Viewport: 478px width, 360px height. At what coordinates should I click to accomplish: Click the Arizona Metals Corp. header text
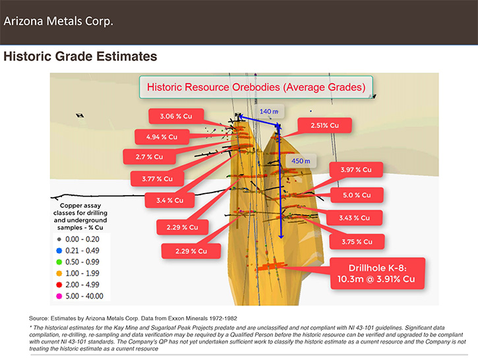(x=58, y=21)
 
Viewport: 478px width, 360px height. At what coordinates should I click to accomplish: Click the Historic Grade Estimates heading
(x=80, y=57)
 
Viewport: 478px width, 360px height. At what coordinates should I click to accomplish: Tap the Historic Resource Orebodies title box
(x=256, y=87)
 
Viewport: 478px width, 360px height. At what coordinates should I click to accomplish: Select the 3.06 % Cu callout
(x=176, y=116)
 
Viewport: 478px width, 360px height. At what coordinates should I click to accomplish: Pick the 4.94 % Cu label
(x=162, y=137)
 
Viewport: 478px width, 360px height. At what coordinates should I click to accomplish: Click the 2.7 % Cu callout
(x=150, y=157)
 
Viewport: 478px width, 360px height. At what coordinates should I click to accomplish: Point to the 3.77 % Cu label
(x=158, y=179)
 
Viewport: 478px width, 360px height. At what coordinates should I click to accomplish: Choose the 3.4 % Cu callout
(x=170, y=200)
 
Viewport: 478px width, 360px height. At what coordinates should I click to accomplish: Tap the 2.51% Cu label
(x=324, y=125)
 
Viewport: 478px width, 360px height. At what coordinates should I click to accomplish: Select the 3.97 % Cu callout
(x=356, y=169)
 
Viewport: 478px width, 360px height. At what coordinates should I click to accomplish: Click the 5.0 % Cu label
(x=357, y=195)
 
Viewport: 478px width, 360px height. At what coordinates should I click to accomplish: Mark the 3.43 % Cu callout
(x=355, y=218)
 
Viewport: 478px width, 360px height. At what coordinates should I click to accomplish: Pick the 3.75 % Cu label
(x=357, y=242)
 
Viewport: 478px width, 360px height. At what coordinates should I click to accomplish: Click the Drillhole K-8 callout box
(x=377, y=274)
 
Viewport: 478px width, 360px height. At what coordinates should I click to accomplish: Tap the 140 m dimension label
(x=269, y=111)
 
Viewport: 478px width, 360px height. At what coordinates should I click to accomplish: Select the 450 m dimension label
(x=301, y=161)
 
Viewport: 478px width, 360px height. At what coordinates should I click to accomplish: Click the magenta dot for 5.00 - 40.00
(x=59, y=296)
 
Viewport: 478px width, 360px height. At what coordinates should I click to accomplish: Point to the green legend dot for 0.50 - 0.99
(x=59, y=262)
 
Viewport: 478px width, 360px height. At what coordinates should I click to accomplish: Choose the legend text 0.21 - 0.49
(x=82, y=251)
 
